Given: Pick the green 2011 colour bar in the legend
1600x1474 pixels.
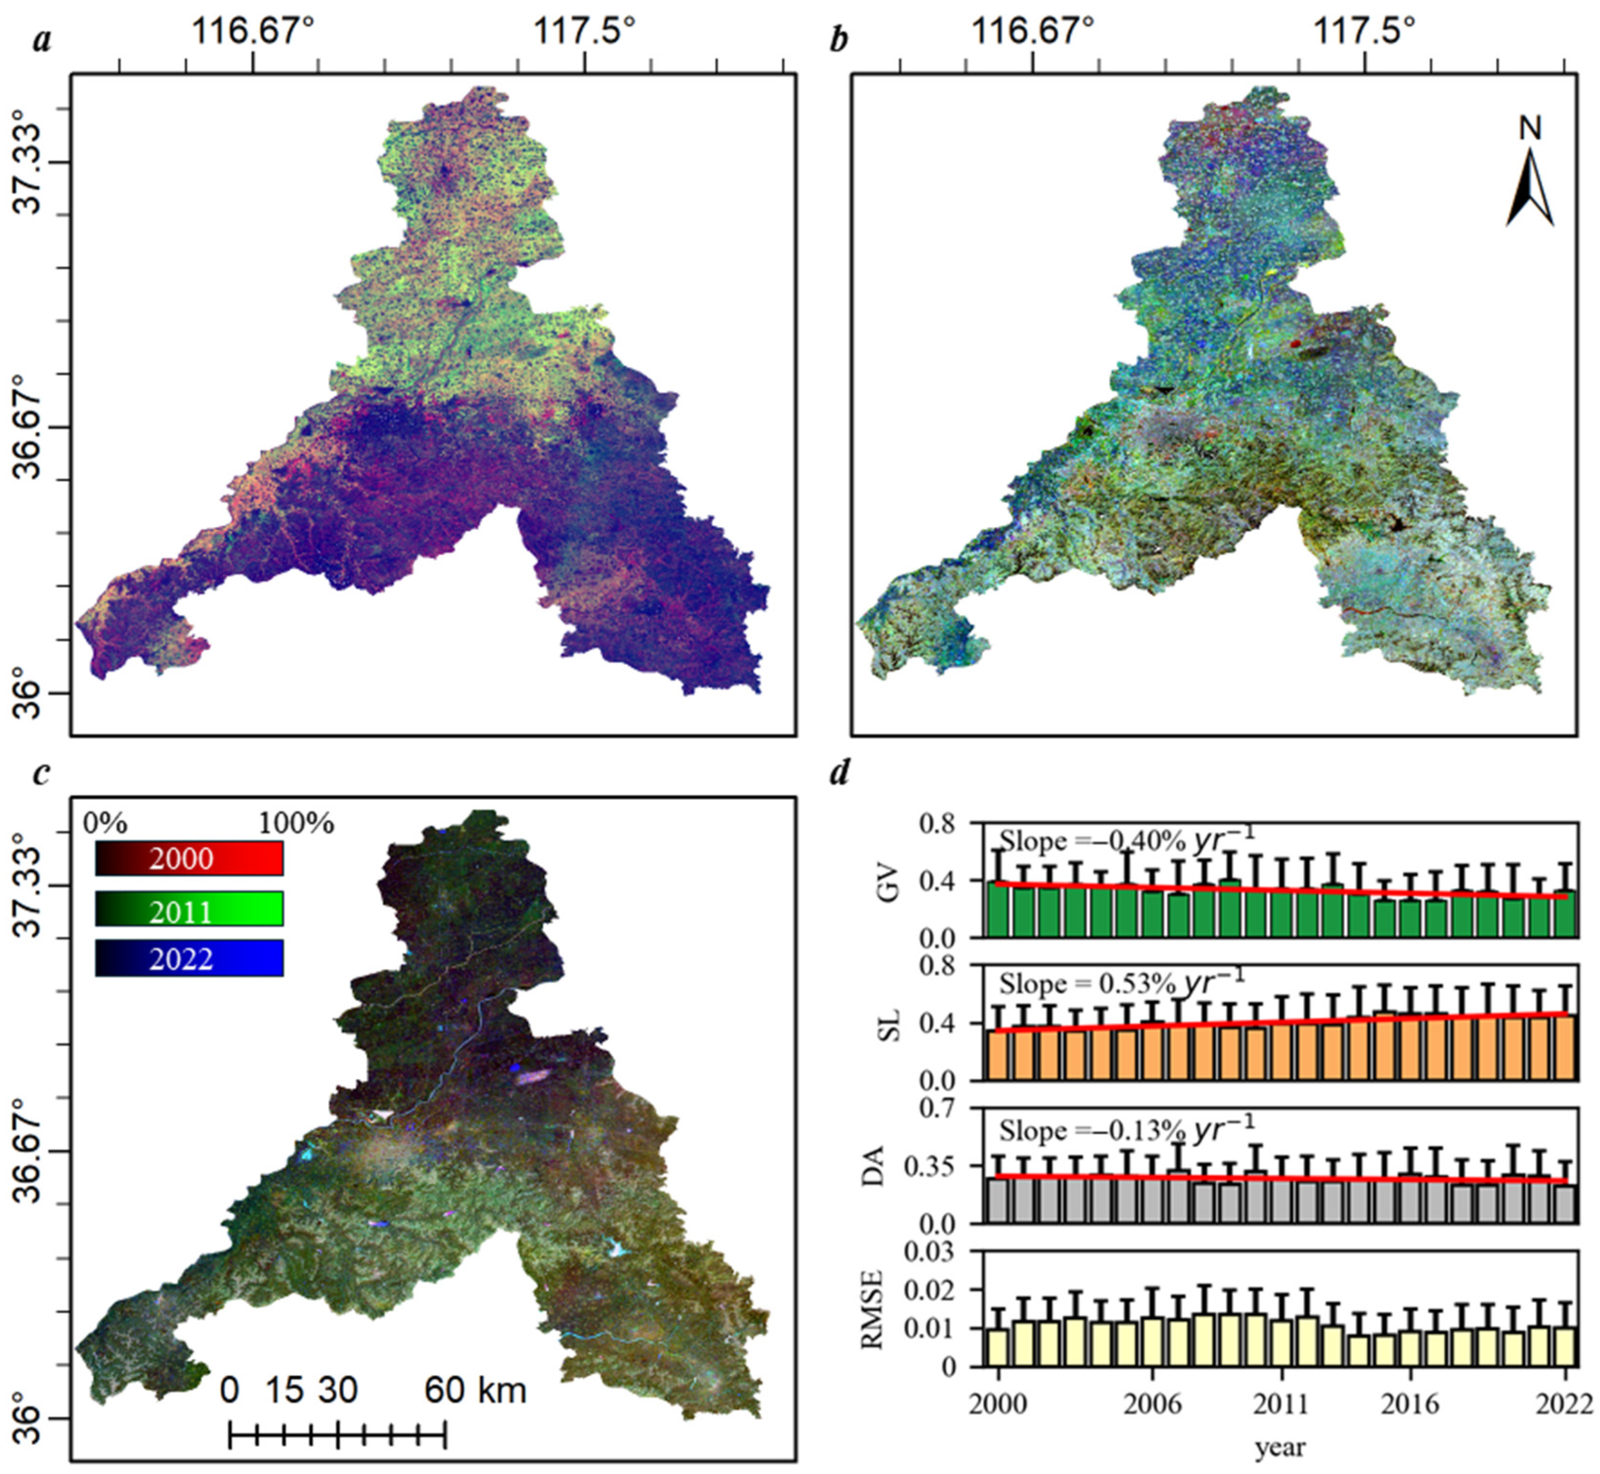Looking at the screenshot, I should (x=189, y=909).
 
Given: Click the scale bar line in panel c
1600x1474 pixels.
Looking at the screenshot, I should (x=337, y=1436).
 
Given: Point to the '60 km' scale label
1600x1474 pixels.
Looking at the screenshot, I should (x=475, y=1389).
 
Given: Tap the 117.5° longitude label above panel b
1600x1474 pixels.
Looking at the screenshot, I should (x=1366, y=33).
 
